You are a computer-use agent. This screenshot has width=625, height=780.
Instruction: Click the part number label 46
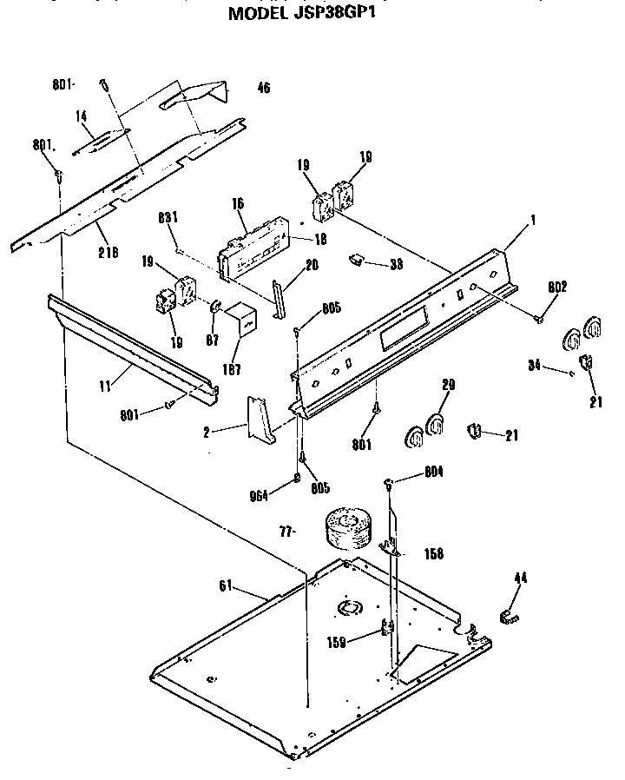pos(264,87)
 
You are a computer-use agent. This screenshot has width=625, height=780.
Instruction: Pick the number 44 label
pos(520,578)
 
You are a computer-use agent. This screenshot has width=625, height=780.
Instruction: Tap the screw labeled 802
pos(539,318)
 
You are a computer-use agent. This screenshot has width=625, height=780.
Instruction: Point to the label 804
pos(435,472)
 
